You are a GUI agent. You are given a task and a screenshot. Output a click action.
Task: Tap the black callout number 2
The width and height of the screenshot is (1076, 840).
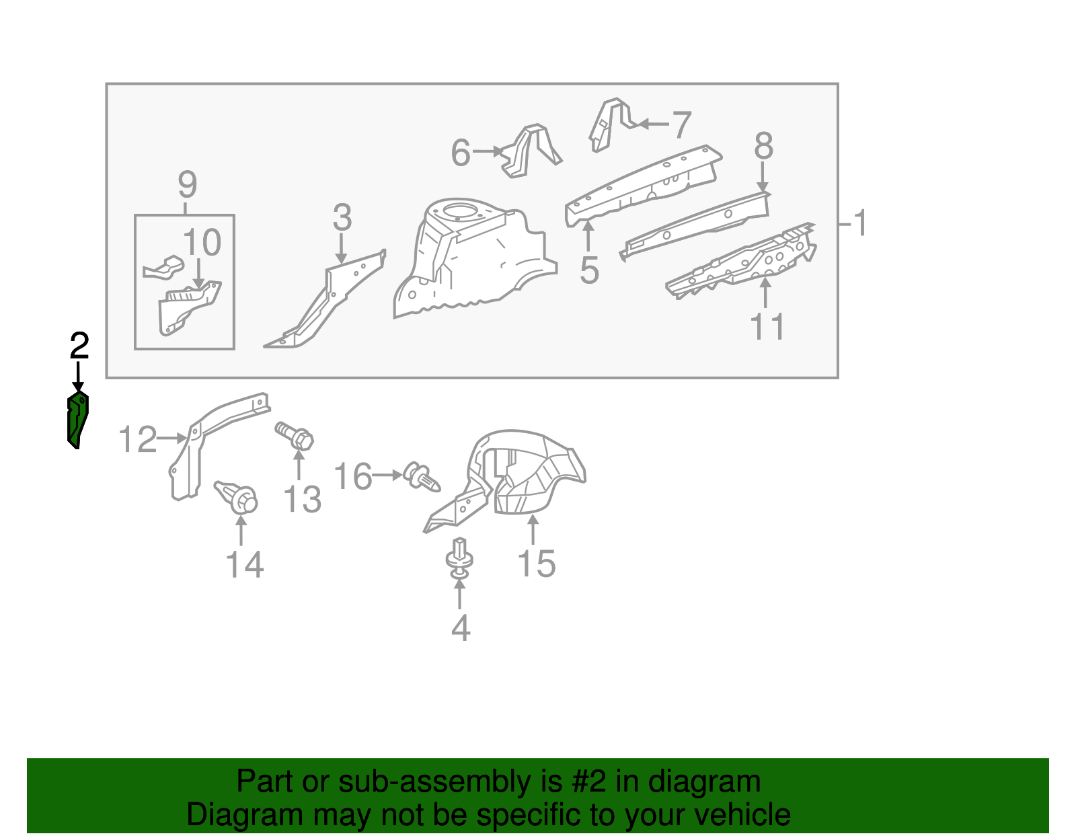79,346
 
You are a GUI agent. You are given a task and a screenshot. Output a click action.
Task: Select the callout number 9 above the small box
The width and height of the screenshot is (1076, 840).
187,184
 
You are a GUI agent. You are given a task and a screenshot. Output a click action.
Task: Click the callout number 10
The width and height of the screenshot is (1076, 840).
202,243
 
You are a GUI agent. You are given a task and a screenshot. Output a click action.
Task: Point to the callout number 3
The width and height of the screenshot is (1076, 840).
342,218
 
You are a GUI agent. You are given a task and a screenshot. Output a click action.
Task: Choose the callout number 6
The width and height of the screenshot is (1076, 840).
461,153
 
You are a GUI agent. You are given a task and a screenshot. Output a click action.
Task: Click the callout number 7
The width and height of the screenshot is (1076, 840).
682,126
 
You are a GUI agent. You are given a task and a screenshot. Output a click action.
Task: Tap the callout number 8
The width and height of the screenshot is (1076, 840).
763,146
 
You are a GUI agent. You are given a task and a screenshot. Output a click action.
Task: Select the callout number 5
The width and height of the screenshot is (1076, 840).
589,270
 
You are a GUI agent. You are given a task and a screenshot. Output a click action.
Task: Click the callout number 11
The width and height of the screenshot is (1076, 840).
767,328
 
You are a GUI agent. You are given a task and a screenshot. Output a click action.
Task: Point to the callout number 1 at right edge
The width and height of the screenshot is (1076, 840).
860,223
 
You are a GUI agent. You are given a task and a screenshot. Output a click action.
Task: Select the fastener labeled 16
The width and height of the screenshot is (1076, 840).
422,477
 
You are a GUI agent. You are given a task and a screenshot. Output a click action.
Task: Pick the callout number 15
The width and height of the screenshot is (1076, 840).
537,564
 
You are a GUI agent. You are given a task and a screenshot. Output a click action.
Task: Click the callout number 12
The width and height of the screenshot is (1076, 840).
137,440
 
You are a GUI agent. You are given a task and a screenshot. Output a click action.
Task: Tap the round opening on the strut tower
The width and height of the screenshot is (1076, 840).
461,210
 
